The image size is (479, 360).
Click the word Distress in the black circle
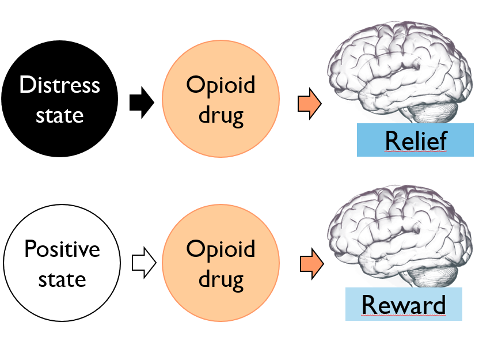[60, 85]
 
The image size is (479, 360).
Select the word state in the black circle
[60, 115]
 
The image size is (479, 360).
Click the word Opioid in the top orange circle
[221, 85]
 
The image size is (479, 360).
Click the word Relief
[416, 140]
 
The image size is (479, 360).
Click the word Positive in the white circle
[62, 249]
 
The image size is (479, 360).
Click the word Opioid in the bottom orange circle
[221, 250]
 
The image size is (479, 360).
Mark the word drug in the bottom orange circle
[221, 279]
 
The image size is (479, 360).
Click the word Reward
[404, 304]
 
